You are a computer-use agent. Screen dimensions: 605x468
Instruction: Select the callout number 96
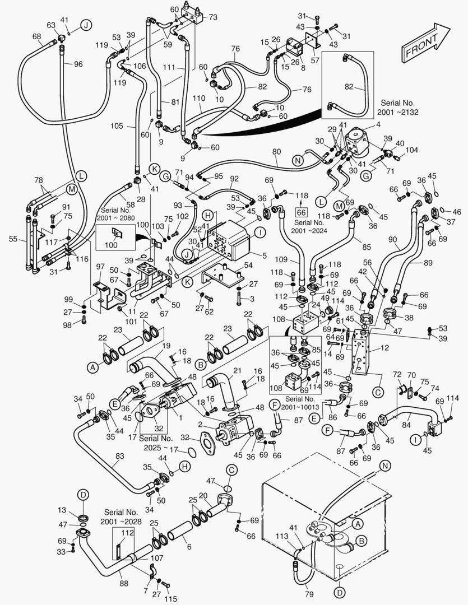(77, 64)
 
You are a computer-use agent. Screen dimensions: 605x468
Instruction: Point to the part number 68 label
(37, 37)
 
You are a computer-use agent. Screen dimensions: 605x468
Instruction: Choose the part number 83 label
(119, 457)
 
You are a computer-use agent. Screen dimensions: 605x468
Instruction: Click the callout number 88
(124, 583)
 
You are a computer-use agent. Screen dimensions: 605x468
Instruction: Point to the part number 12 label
(384, 348)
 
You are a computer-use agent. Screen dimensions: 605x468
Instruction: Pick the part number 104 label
(412, 150)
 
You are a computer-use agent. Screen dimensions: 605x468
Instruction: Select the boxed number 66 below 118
(302, 212)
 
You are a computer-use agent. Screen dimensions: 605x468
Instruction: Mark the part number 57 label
(315, 59)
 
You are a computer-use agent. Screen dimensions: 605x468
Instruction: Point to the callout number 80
(276, 151)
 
